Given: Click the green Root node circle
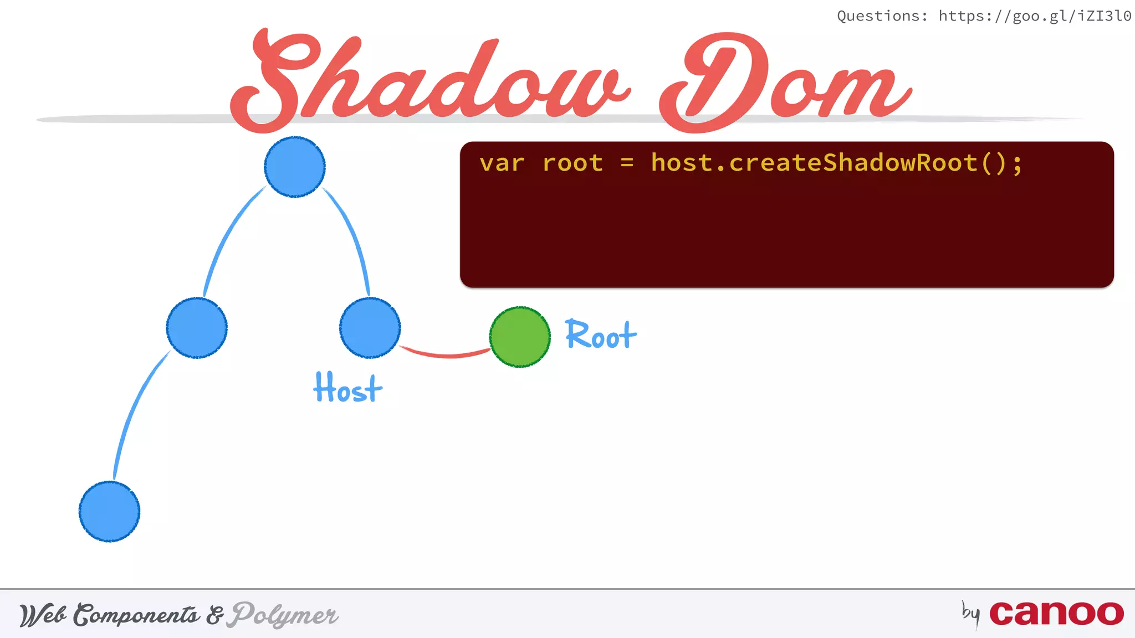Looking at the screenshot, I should [520, 337].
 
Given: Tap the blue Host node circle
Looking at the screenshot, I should [370, 328].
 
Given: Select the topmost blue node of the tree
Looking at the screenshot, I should [295, 167].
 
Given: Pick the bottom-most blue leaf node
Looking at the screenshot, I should [109, 511].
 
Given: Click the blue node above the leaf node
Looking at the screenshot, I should [197, 328].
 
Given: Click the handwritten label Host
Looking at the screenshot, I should [347, 388].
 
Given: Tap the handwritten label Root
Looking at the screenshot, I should [601, 335].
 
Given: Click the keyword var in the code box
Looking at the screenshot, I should [502, 163].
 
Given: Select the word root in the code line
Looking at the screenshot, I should [572, 163].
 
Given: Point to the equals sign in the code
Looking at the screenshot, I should [627, 163].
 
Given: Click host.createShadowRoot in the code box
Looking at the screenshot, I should [815, 163].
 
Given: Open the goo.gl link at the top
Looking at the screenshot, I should [1035, 16].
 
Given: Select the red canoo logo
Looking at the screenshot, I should [1056, 613].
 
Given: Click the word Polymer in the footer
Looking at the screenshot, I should [285, 614].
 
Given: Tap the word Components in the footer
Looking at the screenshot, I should [136, 615].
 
